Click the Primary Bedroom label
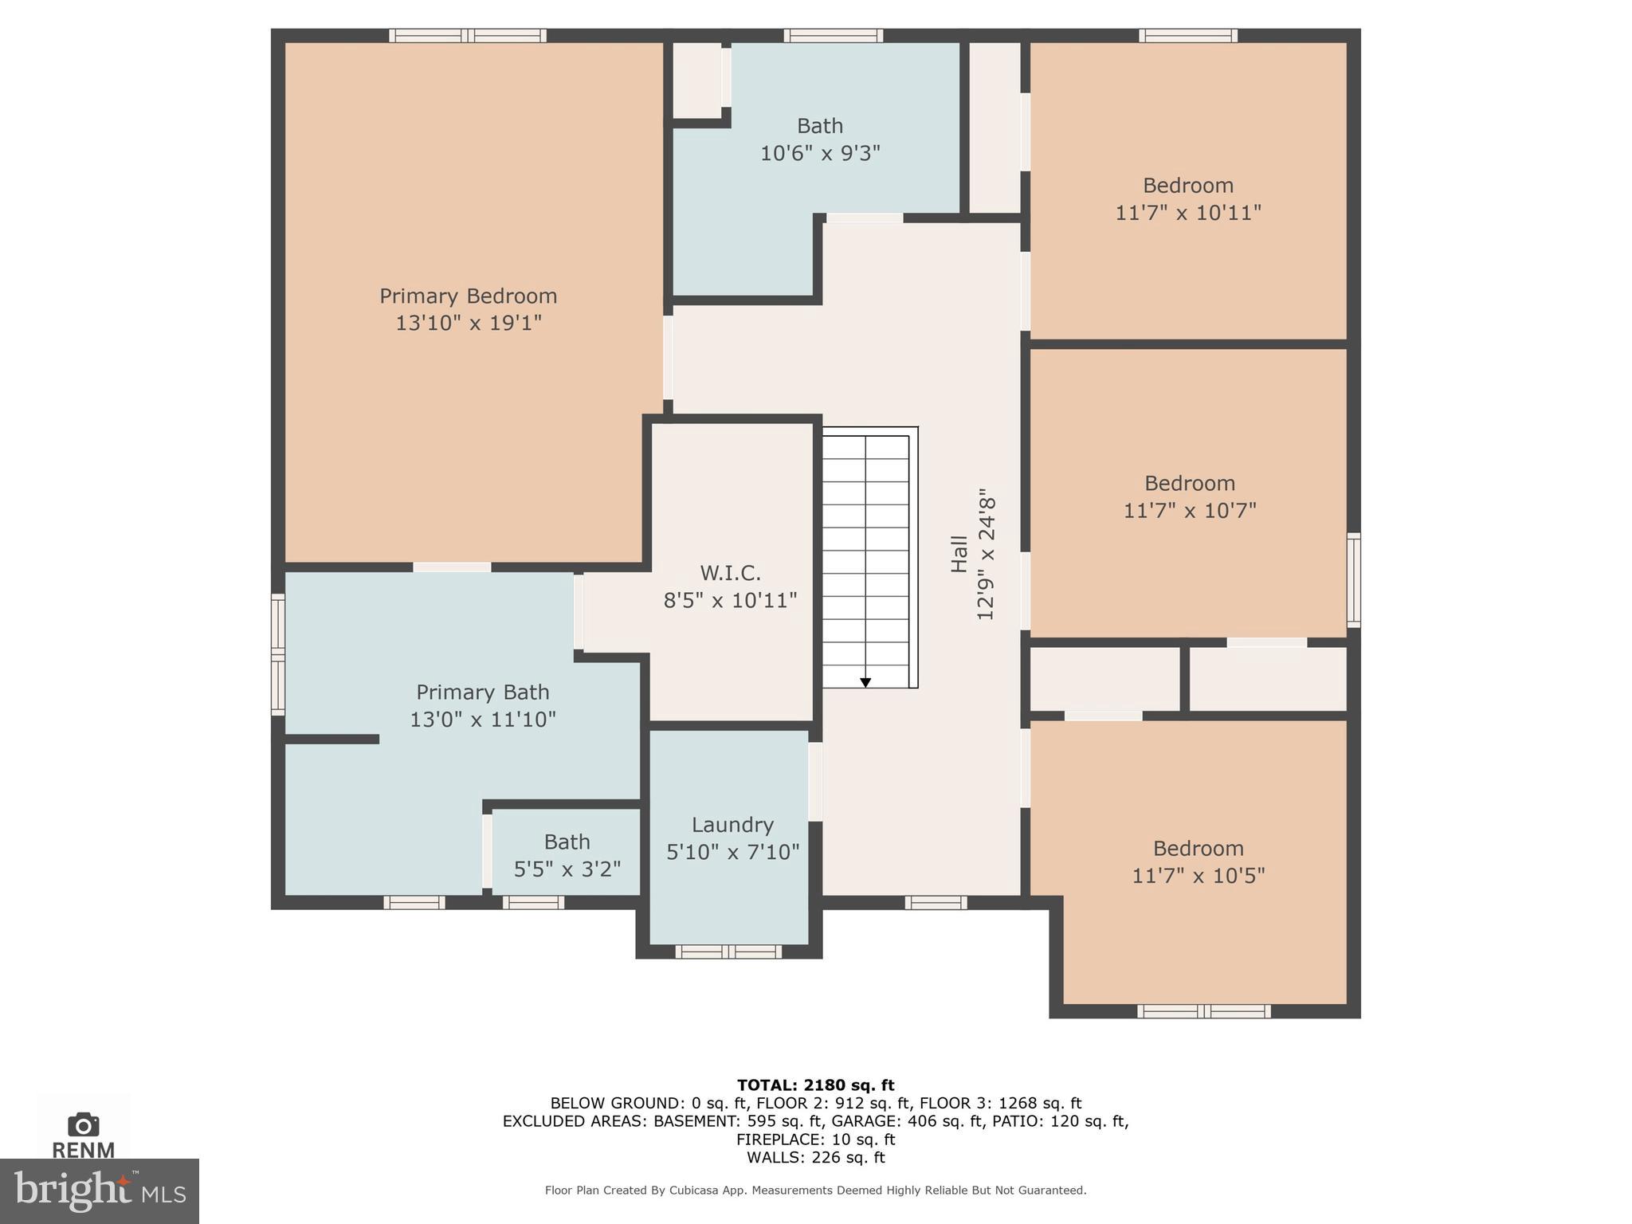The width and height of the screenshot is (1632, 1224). tap(468, 296)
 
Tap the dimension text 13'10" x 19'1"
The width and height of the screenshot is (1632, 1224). tap(469, 323)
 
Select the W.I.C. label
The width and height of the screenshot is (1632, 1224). tap(730, 573)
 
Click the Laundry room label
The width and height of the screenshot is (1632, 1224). tap(732, 825)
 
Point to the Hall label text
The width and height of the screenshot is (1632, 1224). tap(959, 554)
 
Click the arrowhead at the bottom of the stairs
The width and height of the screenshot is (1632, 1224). tap(865, 683)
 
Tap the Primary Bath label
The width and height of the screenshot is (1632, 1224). tap(482, 692)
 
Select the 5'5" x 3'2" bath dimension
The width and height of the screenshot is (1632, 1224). tap(567, 869)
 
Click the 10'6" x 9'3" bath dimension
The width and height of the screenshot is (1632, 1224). tap(820, 153)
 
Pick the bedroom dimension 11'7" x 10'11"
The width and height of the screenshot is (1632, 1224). tap(1187, 213)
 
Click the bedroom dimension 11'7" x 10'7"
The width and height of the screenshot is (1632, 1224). tap(1189, 510)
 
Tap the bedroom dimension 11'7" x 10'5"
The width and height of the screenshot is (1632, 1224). tap(1198, 875)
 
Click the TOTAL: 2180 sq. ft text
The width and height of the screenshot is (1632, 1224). tap(815, 1085)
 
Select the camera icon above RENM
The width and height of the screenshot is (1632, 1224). tap(84, 1124)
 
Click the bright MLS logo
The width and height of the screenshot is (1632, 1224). tap(99, 1191)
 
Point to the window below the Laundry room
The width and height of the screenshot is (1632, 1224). tap(728, 951)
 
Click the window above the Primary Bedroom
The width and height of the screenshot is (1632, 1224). tap(468, 35)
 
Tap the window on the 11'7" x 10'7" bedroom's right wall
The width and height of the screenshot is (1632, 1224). tap(1353, 580)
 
